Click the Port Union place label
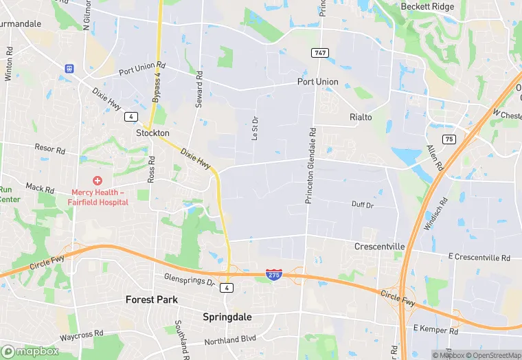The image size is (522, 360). (317, 82)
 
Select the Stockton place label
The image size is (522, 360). (152, 133)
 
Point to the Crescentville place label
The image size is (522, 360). (380, 246)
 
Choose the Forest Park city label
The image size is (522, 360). (151, 300)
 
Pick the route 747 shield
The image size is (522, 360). (319, 53)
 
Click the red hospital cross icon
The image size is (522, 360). (98, 181)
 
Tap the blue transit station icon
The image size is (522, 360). (69, 68)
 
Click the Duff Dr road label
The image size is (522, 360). (362, 205)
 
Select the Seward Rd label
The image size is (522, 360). (198, 87)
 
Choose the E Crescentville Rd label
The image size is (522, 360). (479, 258)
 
